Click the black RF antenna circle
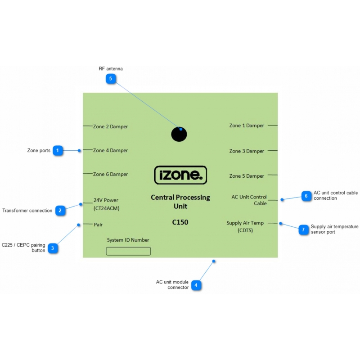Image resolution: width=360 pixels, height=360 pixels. tap(179, 134)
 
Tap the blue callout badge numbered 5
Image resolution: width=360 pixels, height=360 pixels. tap(111, 79)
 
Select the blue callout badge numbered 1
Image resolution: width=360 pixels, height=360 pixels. tap(58, 150)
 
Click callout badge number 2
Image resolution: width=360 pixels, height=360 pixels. tap(60, 210)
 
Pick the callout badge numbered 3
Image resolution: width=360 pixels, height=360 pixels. tap(53, 248)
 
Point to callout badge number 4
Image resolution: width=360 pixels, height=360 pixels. tap(196, 285)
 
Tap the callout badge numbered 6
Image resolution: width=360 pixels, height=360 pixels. tap(306, 196)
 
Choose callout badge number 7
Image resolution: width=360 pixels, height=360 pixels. tap(303, 229)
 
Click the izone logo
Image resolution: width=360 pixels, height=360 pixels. tap(180, 175)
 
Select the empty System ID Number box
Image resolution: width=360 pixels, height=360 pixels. tap(128, 251)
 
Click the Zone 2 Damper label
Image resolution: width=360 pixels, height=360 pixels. tap(110, 126)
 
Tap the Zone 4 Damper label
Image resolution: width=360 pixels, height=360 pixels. tap(110, 150)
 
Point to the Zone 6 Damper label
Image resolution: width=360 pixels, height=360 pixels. tap(110, 174)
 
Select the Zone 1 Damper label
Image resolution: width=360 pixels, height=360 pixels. tap(247, 126)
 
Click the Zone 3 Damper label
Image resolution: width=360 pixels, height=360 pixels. tap(247, 151)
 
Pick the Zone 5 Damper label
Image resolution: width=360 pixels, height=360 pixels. tap(247, 176)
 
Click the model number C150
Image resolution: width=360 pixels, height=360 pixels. tap(180, 222)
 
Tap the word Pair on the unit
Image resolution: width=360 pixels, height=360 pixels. tap(99, 224)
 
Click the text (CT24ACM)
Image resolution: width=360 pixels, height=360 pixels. tap(107, 208)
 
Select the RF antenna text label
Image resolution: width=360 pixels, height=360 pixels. tap(111, 69)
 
